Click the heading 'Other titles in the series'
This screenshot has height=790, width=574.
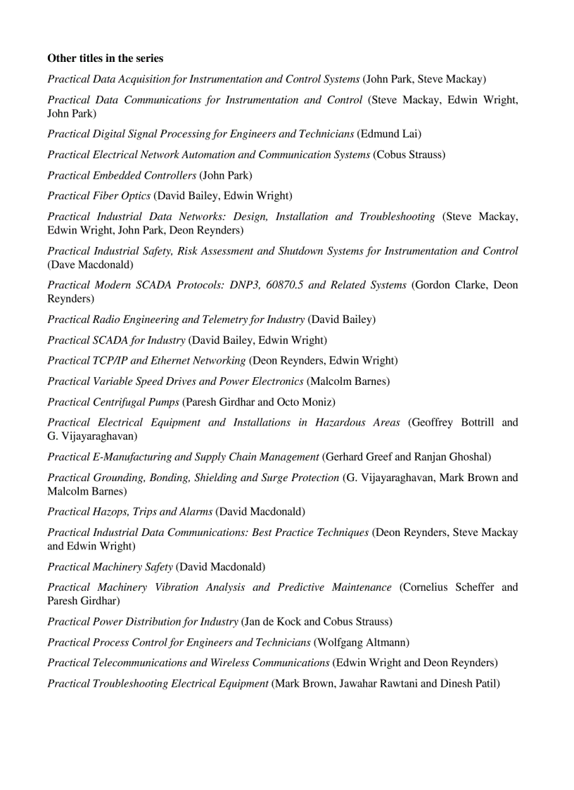(105, 58)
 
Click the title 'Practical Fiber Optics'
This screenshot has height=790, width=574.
(98, 196)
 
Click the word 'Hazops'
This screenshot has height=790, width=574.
(110, 512)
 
